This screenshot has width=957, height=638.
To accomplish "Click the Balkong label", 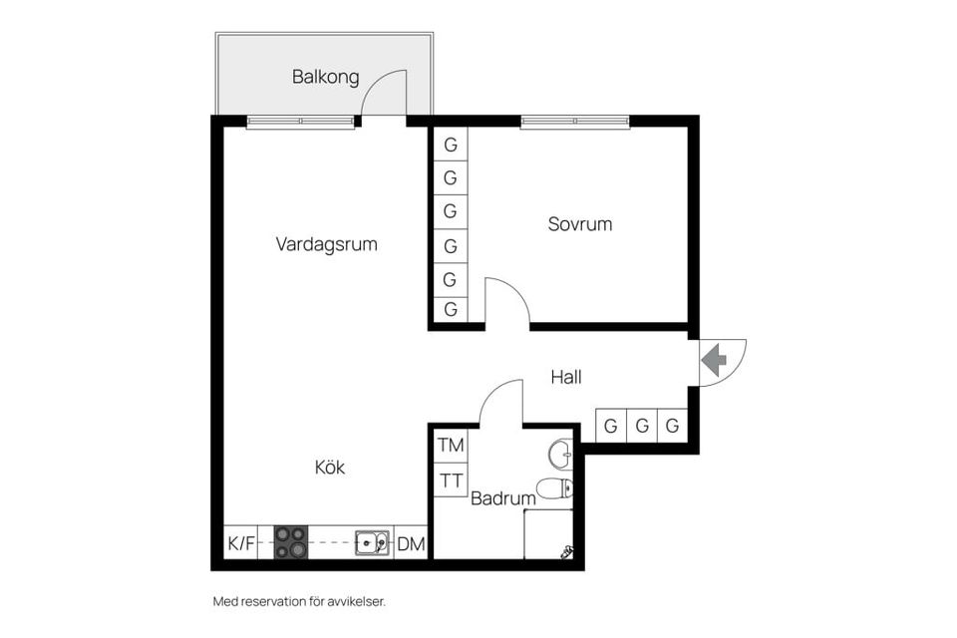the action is [325, 78].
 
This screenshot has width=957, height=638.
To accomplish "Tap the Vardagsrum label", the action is [327, 244].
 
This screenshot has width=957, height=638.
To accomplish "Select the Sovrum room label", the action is [580, 224].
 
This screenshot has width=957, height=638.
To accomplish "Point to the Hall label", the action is [566, 377].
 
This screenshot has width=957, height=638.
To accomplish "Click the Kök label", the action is [330, 468].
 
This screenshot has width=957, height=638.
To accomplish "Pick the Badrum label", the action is [502, 498].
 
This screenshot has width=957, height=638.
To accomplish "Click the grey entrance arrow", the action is [714, 360].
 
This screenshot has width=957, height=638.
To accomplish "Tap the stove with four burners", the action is [290, 542].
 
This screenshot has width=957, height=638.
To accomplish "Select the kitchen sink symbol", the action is [372, 542].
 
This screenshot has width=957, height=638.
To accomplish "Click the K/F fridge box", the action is [241, 542].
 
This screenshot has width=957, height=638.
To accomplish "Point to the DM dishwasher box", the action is [411, 542].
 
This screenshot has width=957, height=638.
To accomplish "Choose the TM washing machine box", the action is [451, 446].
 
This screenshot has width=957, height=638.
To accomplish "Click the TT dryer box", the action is [451, 480].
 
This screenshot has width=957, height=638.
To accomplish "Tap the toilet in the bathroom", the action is [555, 489].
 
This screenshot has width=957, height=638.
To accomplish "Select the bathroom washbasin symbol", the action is [561, 455].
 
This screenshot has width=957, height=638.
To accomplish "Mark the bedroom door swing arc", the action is [515, 291].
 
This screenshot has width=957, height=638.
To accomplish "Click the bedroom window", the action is [574, 122].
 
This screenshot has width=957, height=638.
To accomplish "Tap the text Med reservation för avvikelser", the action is [300, 601].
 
